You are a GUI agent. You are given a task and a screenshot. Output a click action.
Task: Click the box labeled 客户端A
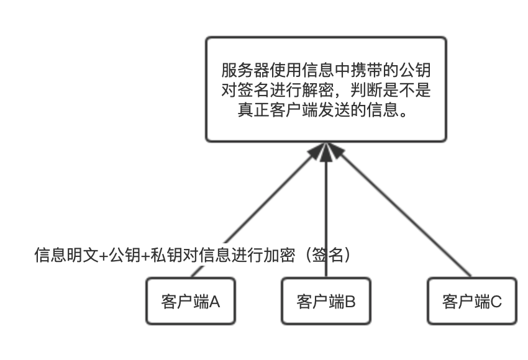(190, 301)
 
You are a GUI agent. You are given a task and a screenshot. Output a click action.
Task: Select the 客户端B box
(327, 301)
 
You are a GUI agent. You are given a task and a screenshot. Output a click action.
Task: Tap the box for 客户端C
(472, 301)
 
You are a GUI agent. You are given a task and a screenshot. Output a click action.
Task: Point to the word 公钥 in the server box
(415, 70)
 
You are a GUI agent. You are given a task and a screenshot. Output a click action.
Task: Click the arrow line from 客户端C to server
(404, 211)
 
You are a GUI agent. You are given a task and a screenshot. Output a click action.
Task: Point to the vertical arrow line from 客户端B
(327, 217)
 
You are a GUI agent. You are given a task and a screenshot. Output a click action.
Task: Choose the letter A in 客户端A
(214, 302)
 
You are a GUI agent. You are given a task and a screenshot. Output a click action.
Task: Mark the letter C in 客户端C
(496, 302)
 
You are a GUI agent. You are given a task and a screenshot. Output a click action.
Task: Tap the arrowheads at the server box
(327, 152)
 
